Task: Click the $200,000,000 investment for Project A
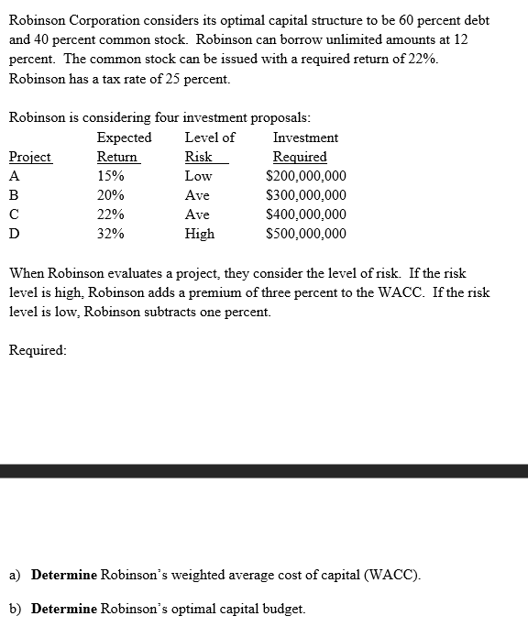(305, 176)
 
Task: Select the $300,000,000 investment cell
(305, 195)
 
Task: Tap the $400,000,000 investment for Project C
(305, 214)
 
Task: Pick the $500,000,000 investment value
(305, 234)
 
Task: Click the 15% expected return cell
(111, 176)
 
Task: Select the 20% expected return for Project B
(111, 195)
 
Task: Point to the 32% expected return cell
(111, 234)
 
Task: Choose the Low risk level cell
(198, 176)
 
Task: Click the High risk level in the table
(200, 234)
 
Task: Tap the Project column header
(29, 157)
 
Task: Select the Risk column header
(199, 157)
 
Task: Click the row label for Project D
(14, 234)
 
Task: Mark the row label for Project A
(14, 176)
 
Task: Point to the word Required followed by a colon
(37, 349)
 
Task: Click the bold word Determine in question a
(63, 576)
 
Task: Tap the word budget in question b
(282, 609)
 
